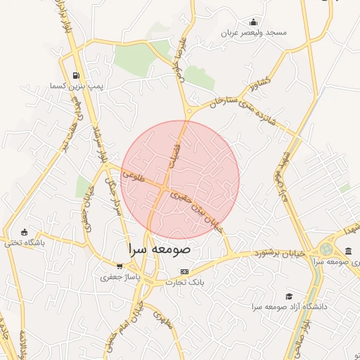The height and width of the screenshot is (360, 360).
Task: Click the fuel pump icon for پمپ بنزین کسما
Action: [75, 75]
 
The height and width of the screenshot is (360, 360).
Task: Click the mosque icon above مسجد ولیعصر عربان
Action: [253, 22]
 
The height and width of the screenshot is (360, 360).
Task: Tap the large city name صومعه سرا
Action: [160, 249]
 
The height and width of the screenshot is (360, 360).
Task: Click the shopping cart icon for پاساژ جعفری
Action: [120, 266]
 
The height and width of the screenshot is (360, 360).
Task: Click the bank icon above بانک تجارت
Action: [184, 271]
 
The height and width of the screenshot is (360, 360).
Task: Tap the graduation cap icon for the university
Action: [288, 297]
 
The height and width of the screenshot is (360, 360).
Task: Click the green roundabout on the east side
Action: [326, 249]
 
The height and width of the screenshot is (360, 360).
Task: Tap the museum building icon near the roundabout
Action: [349, 251]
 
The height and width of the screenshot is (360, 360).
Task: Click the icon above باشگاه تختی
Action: [25, 232]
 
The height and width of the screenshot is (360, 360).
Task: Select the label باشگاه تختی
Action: [25, 243]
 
